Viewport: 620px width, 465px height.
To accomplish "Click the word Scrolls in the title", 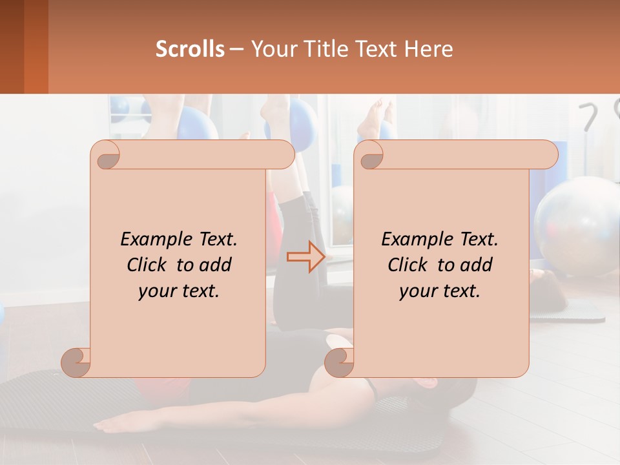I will click(x=190, y=49).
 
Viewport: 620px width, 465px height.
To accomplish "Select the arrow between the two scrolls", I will click(x=306, y=257).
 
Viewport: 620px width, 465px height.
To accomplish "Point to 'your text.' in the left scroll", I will click(x=179, y=291).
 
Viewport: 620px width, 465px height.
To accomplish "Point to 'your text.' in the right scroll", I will click(x=440, y=291).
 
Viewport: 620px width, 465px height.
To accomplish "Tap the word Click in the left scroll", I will click(x=149, y=265).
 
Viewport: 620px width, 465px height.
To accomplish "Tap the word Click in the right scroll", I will click(x=410, y=265).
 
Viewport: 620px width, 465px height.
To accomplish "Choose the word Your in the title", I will click(x=271, y=49).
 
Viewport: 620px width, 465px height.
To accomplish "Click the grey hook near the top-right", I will click(x=590, y=117).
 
